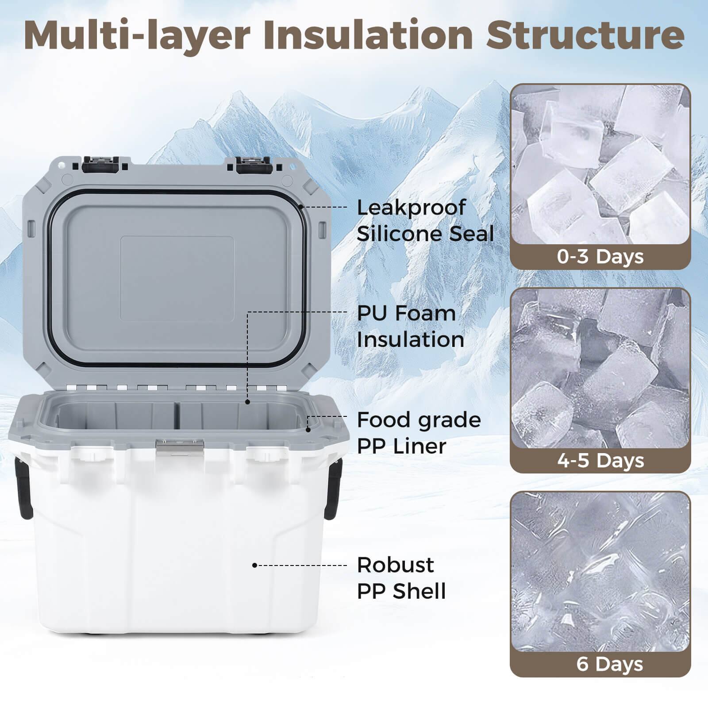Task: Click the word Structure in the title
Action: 585,35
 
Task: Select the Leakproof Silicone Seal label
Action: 425,220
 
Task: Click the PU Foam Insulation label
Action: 410,326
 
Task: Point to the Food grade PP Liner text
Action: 418,433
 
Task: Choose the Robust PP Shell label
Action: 401,578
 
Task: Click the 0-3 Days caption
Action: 600,257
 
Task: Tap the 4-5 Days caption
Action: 600,461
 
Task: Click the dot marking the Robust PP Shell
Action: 254,565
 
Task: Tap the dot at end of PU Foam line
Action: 248,402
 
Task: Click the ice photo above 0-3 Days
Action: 600,164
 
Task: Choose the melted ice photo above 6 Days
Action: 600,571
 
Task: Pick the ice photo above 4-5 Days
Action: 600,367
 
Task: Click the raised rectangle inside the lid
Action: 177,279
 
